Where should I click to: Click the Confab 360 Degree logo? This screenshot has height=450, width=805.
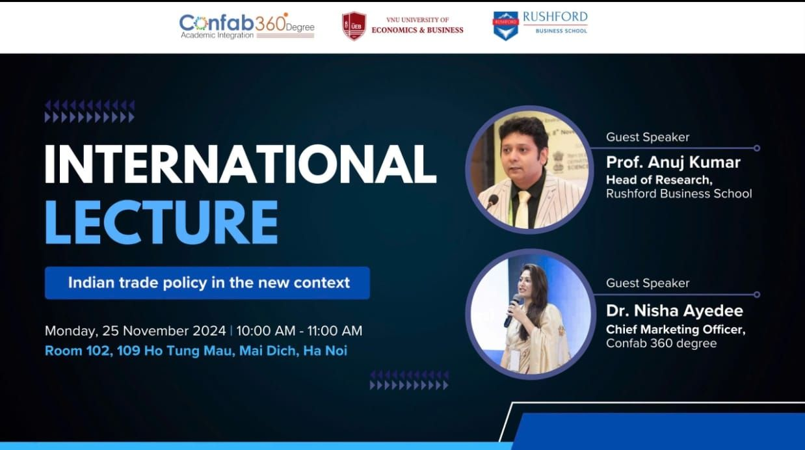click(x=247, y=26)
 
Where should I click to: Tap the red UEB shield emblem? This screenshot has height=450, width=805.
click(x=354, y=26)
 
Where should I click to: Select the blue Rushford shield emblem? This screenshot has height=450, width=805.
click(x=506, y=26)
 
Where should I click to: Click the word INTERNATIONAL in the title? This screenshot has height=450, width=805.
click(x=241, y=165)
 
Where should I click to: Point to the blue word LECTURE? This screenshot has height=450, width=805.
click(x=161, y=222)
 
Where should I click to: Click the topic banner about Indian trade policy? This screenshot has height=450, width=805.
click(x=207, y=283)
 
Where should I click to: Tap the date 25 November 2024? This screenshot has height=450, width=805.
click(x=164, y=330)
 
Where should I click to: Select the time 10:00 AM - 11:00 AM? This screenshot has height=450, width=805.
click(x=299, y=330)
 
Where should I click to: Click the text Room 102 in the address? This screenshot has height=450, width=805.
click(x=77, y=351)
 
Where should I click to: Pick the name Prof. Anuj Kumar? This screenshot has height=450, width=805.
click(x=673, y=163)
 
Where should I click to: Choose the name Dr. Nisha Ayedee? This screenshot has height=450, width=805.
click(x=674, y=311)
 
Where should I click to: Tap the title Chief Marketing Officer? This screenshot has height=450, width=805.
click(x=676, y=329)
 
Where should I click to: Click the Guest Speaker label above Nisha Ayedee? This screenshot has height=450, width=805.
click(x=648, y=284)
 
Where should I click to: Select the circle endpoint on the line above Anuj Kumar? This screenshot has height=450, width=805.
click(x=757, y=148)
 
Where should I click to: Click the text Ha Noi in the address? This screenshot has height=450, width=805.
click(x=325, y=351)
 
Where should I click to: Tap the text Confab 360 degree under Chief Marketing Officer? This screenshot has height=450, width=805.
click(x=661, y=343)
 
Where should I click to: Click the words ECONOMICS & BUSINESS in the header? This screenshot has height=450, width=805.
click(x=417, y=30)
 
